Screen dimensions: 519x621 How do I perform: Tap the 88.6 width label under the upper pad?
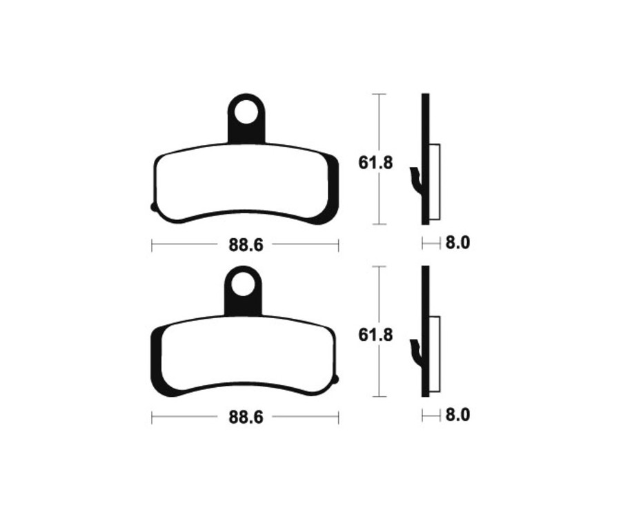point(245,244)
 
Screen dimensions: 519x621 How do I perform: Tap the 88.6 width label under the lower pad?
point(245,418)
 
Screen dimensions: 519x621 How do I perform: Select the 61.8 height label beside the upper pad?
point(375,163)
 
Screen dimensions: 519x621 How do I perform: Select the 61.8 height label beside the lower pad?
point(375,335)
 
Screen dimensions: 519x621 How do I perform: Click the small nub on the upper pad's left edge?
point(153,206)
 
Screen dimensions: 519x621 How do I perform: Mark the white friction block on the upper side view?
point(434,182)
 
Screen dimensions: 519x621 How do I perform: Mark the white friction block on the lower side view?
point(434,355)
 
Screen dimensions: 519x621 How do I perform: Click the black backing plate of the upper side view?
point(425,124)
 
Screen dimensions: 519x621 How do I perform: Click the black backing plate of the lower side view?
point(425,297)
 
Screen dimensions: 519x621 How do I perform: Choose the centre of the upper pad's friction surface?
point(241,183)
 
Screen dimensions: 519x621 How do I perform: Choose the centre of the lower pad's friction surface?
point(241,355)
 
